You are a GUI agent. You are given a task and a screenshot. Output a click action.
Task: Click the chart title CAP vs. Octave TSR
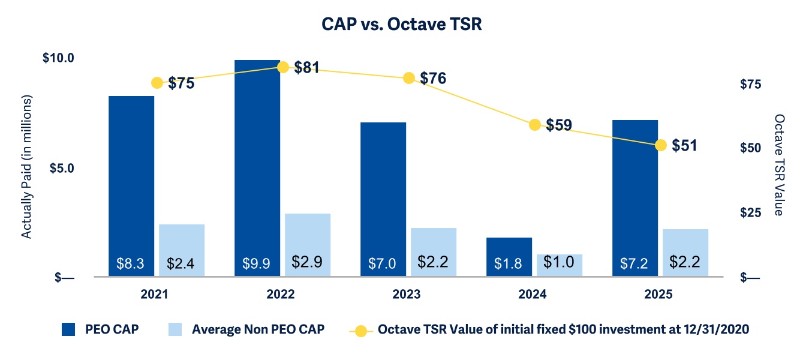[x=402, y=24]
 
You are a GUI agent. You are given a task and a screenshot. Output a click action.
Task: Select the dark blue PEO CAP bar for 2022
[x=257, y=168]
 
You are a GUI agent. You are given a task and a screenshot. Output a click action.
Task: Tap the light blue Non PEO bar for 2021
[x=182, y=251]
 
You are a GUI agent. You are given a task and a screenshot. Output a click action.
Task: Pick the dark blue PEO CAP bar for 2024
[x=509, y=257]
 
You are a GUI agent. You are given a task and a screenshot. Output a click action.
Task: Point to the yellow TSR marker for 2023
[x=409, y=78]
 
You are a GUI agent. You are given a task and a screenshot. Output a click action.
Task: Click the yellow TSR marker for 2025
[x=661, y=145]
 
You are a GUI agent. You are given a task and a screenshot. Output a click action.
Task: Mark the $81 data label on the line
[x=306, y=67]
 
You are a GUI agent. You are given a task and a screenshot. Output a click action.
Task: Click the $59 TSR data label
[x=559, y=125]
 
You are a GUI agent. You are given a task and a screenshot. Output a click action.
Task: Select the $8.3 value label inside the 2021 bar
[x=130, y=263]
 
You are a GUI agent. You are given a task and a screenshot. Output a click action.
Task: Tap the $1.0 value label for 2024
[x=559, y=262]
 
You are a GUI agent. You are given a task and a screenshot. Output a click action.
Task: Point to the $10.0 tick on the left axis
[x=58, y=58]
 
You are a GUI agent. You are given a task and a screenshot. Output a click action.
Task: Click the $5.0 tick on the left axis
[x=62, y=168]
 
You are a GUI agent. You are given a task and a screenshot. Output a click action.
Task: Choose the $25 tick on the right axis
[x=751, y=212]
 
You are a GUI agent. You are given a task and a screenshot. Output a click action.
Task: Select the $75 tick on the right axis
[x=751, y=84]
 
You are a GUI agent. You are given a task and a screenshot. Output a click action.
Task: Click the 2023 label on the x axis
[x=406, y=295]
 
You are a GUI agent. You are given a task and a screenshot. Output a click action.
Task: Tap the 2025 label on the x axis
[x=658, y=295]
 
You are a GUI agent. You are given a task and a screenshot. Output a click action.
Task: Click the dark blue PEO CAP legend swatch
[x=68, y=329]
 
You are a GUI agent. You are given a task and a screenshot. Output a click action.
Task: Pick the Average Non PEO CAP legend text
[x=258, y=329]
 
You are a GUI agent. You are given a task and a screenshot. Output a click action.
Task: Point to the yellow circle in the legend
[x=360, y=331]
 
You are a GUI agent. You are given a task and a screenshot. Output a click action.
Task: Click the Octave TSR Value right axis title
[x=779, y=165]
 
